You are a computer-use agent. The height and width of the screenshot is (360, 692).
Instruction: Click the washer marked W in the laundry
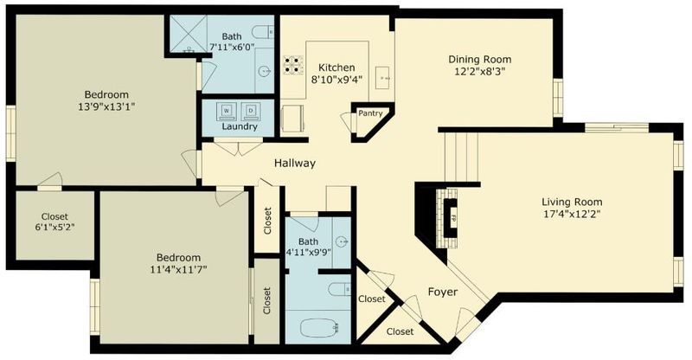click(227, 112)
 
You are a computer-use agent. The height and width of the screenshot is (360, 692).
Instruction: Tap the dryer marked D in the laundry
click(250, 112)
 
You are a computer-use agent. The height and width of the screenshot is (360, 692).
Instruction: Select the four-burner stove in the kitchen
click(293, 64)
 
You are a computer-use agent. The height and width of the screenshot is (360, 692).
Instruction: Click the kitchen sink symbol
click(382, 78)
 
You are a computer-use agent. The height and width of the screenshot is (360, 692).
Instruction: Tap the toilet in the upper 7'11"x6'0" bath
click(264, 32)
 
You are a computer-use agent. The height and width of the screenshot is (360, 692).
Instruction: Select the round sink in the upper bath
click(265, 70)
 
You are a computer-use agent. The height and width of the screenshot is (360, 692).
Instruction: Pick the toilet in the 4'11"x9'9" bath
click(339, 289)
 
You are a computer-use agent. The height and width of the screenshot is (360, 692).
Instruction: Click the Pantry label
click(370, 113)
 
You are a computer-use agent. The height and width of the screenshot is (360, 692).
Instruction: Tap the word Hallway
click(295, 163)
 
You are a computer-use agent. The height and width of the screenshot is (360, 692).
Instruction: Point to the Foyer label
click(443, 292)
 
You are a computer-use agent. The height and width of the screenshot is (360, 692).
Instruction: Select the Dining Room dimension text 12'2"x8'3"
click(480, 71)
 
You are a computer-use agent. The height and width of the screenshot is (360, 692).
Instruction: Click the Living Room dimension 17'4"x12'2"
click(572, 215)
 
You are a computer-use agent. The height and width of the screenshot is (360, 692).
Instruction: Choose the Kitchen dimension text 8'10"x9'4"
click(336, 80)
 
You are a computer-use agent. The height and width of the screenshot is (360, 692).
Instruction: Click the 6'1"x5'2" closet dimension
click(54, 228)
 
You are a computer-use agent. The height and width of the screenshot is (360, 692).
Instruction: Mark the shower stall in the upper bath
click(189, 34)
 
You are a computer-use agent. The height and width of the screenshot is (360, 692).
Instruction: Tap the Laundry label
click(240, 126)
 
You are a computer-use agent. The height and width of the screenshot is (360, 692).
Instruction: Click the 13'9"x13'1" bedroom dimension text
click(106, 106)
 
